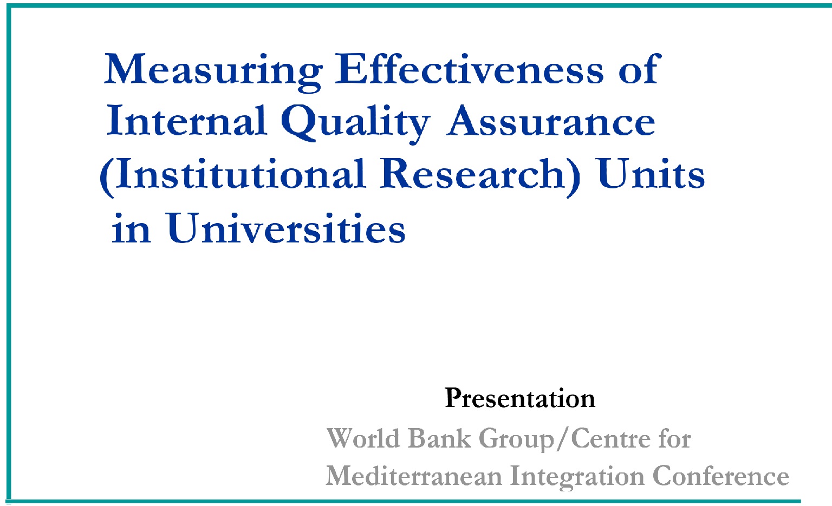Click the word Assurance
click(x=551, y=121)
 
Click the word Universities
click(x=286, y=228)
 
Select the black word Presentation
click(x=520, y=398)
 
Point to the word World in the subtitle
click(x=363, y=438)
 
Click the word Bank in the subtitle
click(x=439, y=438)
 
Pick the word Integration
click(x=577, y=477)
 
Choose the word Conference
click(x=720, y=476)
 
